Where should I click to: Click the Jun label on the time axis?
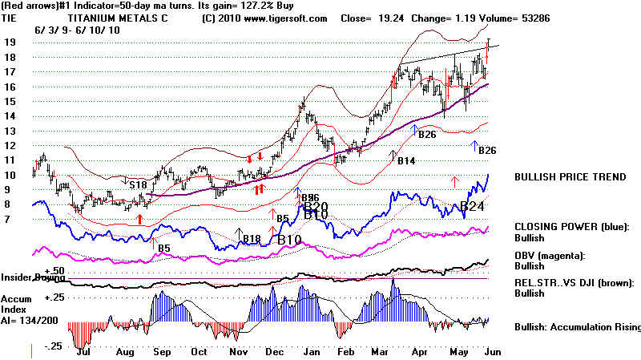[491, 351]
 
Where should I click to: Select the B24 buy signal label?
[474, 207]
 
